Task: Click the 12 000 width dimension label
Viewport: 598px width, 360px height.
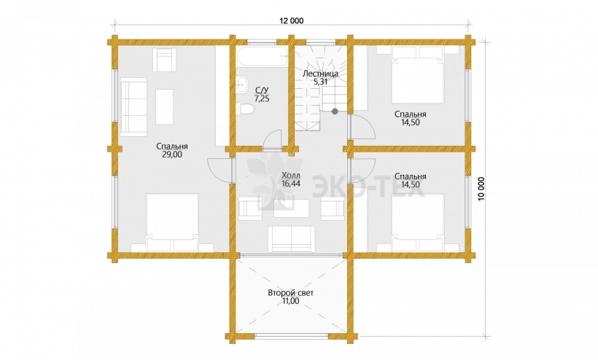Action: pos(292,21)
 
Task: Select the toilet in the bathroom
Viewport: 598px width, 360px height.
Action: pos(245,109)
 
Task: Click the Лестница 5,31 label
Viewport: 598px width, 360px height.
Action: pos(320,77)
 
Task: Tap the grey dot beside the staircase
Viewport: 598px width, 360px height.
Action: pos(335,111)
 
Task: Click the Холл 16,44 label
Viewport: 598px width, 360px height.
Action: pos(291,179)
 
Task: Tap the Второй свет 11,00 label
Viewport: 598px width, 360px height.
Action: pos(290,297)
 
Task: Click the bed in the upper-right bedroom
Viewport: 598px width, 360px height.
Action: pos(418,74)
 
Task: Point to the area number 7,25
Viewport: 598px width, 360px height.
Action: pos(262,98)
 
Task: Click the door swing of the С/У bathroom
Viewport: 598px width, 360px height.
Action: pos(272,138)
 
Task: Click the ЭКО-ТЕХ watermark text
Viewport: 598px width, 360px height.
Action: pos(368,187)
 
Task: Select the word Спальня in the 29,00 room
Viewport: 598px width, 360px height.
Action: pos(172,146)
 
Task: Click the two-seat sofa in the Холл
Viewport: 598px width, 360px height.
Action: pos(292,239)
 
